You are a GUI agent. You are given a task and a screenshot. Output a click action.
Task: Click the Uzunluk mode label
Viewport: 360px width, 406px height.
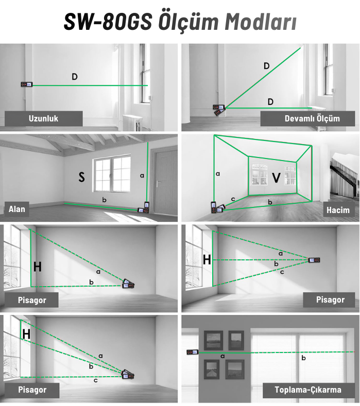pyautogui.click(x=43, y=118)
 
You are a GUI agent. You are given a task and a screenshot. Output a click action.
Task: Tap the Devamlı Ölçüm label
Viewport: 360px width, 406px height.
pyautogui.click(x=312, y=118)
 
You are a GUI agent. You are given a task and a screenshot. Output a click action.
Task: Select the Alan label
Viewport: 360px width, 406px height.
pyautogui.click(x=17, y=209)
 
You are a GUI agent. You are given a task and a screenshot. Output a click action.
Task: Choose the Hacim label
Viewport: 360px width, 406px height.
pyautogui.click(x=338, y=210)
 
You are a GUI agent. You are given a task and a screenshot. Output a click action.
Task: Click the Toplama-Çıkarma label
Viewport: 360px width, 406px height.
pyautogui.click(x=308, y=390)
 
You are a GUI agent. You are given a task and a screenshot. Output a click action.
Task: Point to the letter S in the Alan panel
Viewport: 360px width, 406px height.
pyautogui.click(x=81, y=177)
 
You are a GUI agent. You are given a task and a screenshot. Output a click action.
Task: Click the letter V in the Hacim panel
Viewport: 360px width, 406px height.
pyautogui.click(x=276, y=178)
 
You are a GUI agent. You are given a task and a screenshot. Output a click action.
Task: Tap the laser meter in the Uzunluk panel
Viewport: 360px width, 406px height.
pyautogui.click(x=27, y=84)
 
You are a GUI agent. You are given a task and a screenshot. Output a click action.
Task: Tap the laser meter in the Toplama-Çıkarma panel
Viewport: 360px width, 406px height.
pyautogui.click(x=192, y=352)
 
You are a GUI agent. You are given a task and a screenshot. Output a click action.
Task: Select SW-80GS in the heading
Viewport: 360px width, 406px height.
pyautogui.click(x=108, y=22)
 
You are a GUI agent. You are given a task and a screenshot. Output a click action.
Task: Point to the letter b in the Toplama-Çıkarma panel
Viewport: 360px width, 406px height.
pyautogui.click(x=303, y=358)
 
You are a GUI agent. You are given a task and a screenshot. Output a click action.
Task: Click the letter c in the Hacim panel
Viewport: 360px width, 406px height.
pyautogui.click(x=233, y=199)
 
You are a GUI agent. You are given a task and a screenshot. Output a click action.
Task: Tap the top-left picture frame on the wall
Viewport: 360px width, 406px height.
pyautogui.click(x=213, y=340)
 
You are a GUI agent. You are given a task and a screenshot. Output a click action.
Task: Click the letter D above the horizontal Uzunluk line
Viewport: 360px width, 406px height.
pyautogui.click(x=75, y=77)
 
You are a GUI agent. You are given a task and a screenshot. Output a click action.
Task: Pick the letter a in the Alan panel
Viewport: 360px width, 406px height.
pyautogui.click(x=142, y=175)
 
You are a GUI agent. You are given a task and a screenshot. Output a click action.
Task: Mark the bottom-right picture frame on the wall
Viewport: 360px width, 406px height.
pyautogui.click(x=234, y=369)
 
